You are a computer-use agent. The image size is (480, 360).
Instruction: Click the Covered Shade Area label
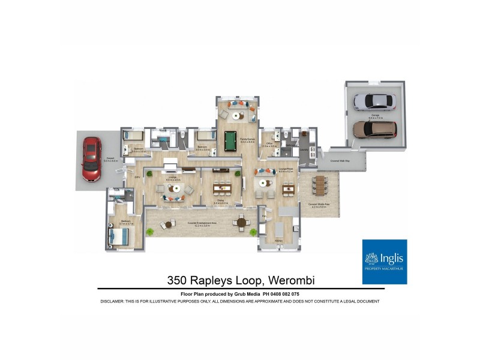pyautogui.click(x=317, y=205)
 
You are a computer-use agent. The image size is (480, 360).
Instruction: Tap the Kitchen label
pyautogui.click(x=279, y=241)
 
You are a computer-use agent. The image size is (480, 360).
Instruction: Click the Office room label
pyautogui.click(x=270, y=143)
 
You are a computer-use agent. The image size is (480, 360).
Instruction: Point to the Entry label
pyautogui.click(x=137, y=176)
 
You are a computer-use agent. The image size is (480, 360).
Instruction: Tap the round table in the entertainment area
pyautogui.click(x=241, y=223)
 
